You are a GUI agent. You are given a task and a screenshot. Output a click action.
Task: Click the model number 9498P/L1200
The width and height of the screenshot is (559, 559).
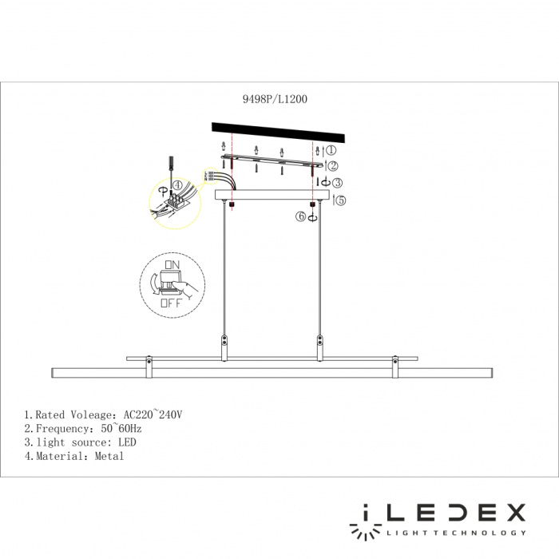click(x=274, y=100)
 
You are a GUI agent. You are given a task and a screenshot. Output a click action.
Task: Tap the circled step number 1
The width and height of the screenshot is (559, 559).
click(x=331, y=149)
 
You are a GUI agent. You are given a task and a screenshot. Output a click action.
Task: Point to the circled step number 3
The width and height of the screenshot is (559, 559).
click(x=338, y=183)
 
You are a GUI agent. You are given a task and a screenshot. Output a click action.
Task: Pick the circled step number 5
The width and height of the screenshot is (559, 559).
click(x=341, y=200)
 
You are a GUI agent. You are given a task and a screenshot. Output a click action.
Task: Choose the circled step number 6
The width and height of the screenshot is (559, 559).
click(x=301, y=216)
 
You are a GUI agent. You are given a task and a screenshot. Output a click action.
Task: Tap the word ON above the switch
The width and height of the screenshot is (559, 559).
click(x=172, y=264)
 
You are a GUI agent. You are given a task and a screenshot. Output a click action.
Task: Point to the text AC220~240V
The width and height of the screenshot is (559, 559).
click(x=153, y=415)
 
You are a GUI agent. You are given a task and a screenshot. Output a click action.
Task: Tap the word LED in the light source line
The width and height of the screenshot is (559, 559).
click(x=127, y=442)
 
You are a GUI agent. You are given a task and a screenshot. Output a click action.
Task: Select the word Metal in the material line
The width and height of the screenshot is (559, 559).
click(x=110, y=456)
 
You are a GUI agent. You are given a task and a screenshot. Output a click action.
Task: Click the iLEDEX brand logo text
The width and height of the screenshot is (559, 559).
click(x=438, y=513)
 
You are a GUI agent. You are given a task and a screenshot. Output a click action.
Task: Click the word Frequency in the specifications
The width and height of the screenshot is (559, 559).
click(x=58, y=429)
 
